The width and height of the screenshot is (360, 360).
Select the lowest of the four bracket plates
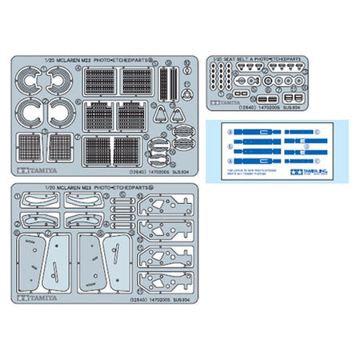pos(164,282)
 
